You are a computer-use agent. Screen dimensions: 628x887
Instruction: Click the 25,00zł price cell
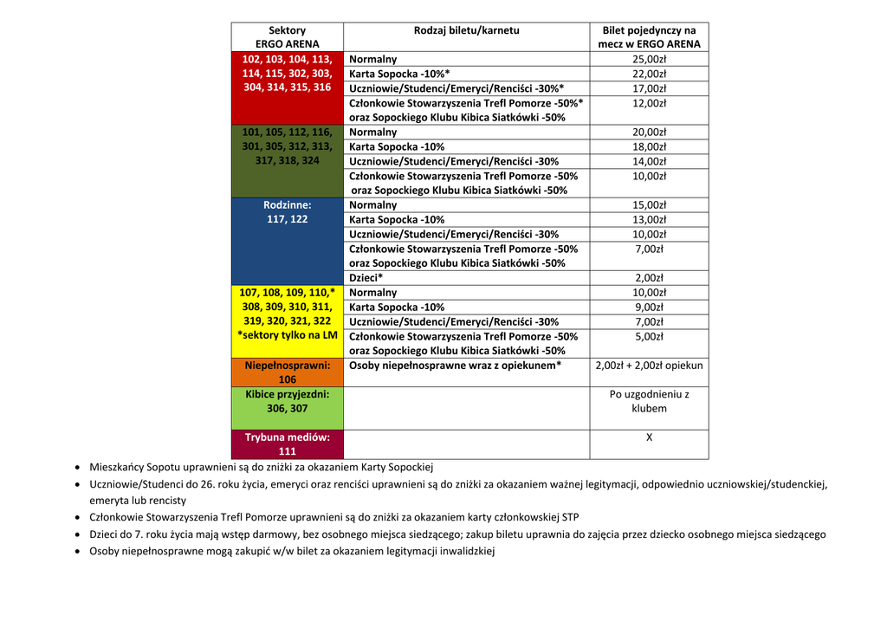[x=649, y=59]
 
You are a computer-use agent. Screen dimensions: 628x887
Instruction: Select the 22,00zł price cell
[x=649, y=74]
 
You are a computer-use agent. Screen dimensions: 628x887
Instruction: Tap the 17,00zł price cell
[x=649, y=88]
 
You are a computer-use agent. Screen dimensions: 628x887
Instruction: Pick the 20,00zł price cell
[x=649, y=133]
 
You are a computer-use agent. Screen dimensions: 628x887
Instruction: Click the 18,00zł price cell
[x=649, y=146]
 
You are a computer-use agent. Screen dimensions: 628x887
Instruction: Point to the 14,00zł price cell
[x=649, y=161]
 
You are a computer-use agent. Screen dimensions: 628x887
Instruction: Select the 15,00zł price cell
[x=649, y=205]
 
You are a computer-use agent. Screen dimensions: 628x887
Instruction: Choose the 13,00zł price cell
[x=649, y=220]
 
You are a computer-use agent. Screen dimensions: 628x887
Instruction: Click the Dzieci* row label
[x=366, y=278]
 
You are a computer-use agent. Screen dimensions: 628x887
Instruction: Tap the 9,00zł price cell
[x=649, y=307]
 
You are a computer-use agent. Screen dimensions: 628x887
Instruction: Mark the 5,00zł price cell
[x=649, y=336]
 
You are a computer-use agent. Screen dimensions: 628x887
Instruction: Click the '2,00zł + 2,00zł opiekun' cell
[x=649, y=366]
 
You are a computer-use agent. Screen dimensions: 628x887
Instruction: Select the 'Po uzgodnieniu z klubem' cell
[x=649, y=401]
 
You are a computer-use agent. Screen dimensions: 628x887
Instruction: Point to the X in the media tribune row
[x=649, y=437]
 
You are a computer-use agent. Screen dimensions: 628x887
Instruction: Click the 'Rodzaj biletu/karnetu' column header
[x=466, y=30]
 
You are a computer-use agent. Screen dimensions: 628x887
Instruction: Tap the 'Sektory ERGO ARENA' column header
[x=287, y=36]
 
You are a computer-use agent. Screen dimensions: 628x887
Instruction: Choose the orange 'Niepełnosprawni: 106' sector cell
[x=287, y=372]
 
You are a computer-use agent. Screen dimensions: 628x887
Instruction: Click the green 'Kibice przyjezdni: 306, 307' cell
[x=287, y=401]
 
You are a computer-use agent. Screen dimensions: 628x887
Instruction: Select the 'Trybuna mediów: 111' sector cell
[x=287, y=444]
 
